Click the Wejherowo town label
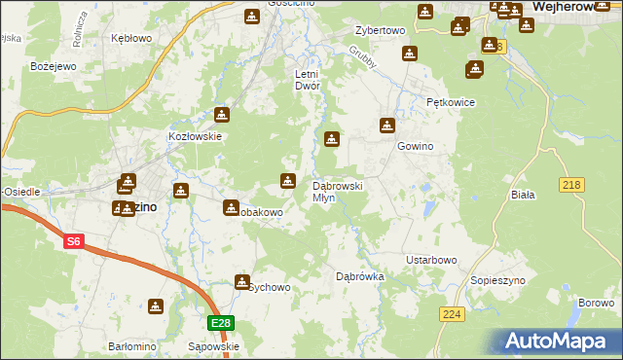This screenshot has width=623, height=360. (x=573, y=7)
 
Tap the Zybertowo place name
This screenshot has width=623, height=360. (x=380, y=31)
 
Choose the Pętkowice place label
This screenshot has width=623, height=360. (x=450, y=101)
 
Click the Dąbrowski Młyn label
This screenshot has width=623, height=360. (x=337, y=191)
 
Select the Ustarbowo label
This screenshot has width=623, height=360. (x=431, y=261)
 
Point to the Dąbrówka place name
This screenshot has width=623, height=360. (x=360, y=277)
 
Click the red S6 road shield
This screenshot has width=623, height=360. (x=74, y=239)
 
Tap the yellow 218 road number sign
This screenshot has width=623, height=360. (x=571, y=185)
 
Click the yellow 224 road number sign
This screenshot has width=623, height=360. (x=451, y=313)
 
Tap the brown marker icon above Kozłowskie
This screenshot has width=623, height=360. (x=221, y=115)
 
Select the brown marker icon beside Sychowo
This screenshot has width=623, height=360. (x=241, y=282)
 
